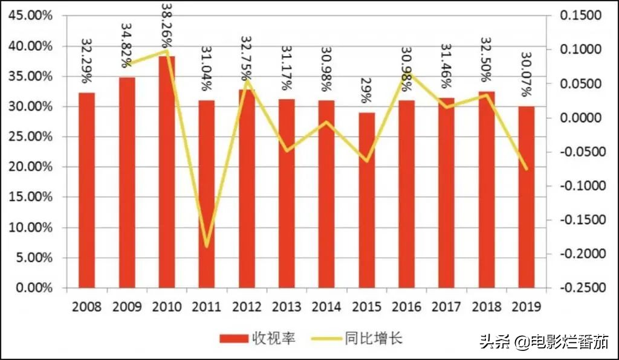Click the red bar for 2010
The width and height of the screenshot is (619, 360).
pos(167,172)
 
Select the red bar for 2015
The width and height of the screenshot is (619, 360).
pos(367,200)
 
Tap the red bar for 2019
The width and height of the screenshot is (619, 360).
pos(527,197)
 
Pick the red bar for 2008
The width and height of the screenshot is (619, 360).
pos(87,190)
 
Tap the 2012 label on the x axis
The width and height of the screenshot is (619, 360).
pos(247,306)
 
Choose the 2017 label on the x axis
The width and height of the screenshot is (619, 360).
pos(447,306)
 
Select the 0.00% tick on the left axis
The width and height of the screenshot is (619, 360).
pos(33,288)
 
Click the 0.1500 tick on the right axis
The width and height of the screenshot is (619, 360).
pos(582,16)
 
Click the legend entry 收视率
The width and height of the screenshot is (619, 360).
pos(257,338)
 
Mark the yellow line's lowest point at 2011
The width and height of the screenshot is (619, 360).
pos(207,246)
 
